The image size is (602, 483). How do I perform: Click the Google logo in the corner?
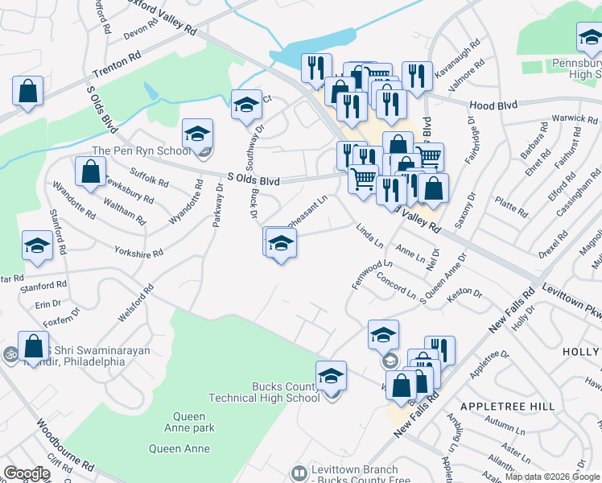(x=26, y=473)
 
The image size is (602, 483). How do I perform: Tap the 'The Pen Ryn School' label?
(x=142, y=151)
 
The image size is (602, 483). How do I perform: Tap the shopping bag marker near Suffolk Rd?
(x=91, y=171)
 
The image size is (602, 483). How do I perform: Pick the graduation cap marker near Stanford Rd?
(x=37, y=246)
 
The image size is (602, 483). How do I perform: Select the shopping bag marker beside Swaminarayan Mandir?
(x=34, y=347)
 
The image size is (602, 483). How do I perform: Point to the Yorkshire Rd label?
(x=138, y=251)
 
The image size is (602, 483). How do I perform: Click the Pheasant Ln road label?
(x=307, y=208)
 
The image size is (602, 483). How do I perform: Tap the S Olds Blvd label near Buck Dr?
(x=254, y=181)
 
